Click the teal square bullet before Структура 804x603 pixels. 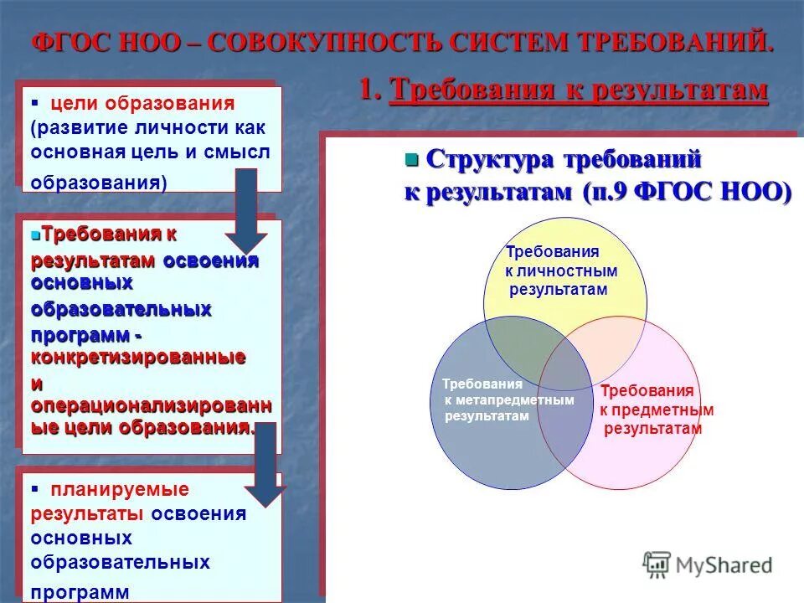pos(411,159)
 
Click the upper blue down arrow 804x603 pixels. pos(245,209)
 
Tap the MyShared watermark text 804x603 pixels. pos(730,565)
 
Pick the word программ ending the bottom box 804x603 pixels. pos(80,592)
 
